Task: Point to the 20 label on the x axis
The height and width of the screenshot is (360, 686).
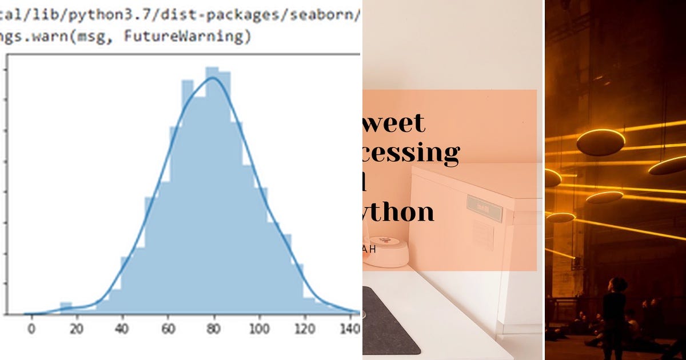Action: (77, 330)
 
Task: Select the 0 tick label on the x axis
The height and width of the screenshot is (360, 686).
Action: (31, 330)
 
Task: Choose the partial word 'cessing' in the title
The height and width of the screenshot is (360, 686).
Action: (412, 153)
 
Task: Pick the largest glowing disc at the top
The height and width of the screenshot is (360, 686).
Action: (600, 142)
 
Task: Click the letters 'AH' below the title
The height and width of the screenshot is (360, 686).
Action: (369, 249)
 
